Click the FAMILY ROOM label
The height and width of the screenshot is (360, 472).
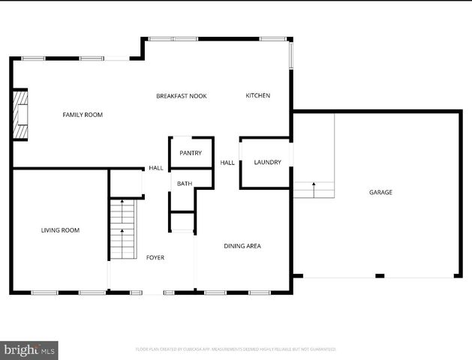pos(82,115)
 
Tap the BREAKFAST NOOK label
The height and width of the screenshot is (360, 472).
pos(181,96)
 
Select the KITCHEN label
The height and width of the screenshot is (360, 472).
pos(257,95)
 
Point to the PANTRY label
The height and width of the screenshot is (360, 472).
pos(190,153)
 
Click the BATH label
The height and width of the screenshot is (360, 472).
pos(184,183)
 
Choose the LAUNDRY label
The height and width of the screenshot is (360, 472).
pos(267,162)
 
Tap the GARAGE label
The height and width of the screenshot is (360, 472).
pos(380,193)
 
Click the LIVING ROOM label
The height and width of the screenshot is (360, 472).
pos(60,230)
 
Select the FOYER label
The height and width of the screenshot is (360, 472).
pos(155,257)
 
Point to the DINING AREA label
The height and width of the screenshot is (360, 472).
pos(242,246)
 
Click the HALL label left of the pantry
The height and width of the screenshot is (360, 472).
pos(155,168)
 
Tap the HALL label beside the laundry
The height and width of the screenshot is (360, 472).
pos(227,163)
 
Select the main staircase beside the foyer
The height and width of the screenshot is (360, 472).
pos(122,229)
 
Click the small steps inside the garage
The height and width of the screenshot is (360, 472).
pos(313,190)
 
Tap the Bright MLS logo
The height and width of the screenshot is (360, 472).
pos(29,349)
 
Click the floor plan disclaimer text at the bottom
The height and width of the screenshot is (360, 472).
pos(236,349)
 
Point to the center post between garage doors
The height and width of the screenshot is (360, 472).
pos(380,276)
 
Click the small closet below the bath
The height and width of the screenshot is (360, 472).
pos(182,223)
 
